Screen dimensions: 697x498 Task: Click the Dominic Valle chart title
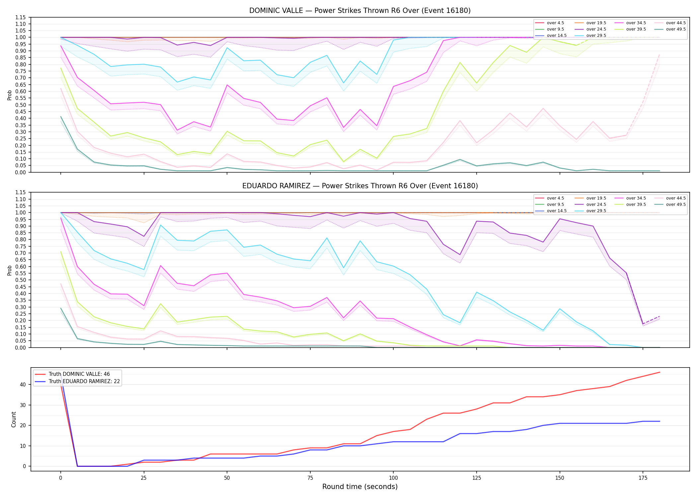click(x=360, y=11)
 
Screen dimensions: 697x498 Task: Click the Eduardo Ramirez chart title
click(x=360, y=186)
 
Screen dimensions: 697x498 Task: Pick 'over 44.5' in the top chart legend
click(x=676, y=23)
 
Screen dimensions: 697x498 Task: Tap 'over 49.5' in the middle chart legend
click(x=676, y=205)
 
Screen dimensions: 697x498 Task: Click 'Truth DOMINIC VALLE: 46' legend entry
click(x=79, y=374)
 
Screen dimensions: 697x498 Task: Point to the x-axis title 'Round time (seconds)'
click(x=360, y=487)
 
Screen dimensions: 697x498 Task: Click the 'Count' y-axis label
click(x=14, y=419)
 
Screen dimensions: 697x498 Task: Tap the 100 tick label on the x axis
click(x=393, y=478)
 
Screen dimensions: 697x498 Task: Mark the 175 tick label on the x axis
click(x=643, y=478)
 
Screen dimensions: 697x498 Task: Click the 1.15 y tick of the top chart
click(x=21, y=17)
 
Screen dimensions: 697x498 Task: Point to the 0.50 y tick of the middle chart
click(x=21, y=280)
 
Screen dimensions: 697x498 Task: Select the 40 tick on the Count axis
click(x=23, y=385)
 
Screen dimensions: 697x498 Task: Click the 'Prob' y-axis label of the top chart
click(x=10, y=95)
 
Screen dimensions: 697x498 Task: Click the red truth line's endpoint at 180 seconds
click(x=659, y=372)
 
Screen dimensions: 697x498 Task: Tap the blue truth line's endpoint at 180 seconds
click(x=659, y=421)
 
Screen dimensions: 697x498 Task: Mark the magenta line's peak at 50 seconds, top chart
click(x=227, y=85)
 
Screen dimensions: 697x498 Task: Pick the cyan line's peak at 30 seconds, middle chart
click(x=161, y=225)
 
